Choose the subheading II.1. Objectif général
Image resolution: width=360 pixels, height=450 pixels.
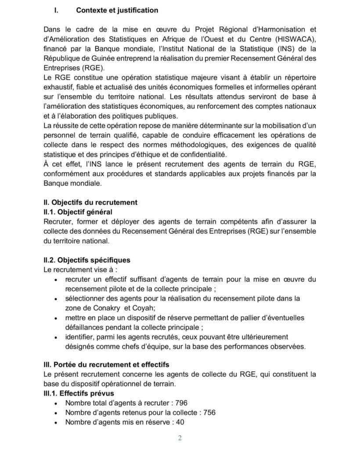75,212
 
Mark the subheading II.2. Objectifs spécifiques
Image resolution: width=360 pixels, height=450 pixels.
86,260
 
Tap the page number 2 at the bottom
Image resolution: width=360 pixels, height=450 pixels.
180,438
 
